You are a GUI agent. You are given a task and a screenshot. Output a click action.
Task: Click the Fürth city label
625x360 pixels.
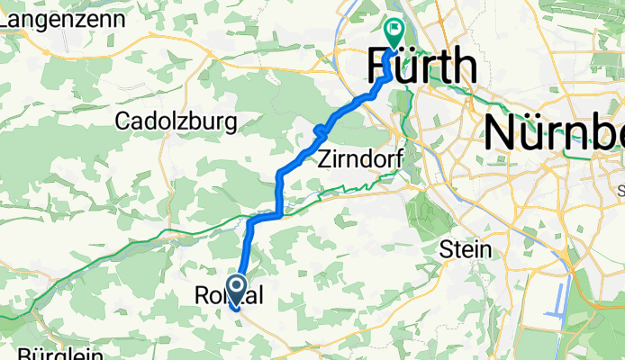point(421,67)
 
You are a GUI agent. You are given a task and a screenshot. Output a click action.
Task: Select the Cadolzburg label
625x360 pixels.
point(176,121)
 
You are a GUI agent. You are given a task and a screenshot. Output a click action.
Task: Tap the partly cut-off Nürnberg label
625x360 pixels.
point(555,132)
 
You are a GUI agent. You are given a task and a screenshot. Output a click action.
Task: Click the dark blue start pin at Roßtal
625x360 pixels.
point(237,290)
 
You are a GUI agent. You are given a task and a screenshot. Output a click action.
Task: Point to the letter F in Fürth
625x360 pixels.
point(381,67)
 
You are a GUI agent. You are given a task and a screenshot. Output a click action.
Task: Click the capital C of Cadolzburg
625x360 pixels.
point(123,121)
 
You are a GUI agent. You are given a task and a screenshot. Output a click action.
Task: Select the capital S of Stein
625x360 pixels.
point(446,250)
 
